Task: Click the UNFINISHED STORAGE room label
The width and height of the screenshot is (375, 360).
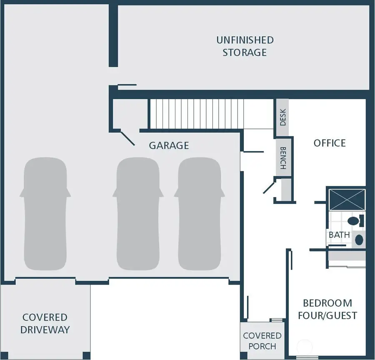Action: coord(245,46)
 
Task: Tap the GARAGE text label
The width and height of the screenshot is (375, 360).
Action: coord(169,145)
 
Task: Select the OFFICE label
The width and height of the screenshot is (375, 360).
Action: coord(330,143)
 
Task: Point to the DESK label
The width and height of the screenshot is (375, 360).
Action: coord(282,117)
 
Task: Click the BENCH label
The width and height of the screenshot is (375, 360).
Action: coord(282,158)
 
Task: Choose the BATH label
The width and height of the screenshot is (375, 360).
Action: coord(339,235)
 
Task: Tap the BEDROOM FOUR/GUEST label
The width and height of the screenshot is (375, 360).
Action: coord(327,309)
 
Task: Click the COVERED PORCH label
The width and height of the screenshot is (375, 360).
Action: coord(262,341)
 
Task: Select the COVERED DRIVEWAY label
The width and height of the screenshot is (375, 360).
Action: coord(45,324)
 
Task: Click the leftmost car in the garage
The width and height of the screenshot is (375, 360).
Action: coord(45,214)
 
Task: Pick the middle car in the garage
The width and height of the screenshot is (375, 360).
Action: coord(137,214)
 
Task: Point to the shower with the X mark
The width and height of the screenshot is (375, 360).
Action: coord(347,199)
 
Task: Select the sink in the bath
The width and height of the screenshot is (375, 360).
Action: coord(358,240)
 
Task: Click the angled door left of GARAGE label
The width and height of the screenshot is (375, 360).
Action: coord(127,138)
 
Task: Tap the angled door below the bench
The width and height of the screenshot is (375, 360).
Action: coord(268,186)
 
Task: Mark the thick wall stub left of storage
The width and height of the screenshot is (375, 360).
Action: coord(113,35)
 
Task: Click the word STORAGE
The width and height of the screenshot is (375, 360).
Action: coord(245,52)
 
